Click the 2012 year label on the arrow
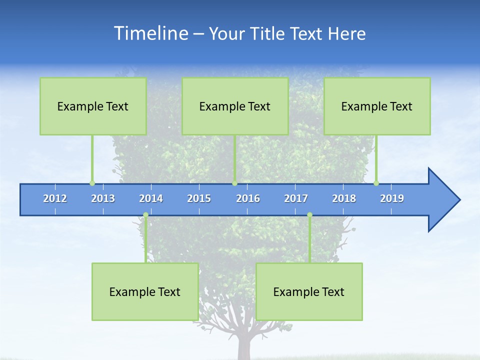tap(55, 198)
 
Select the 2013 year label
tap(103, 198)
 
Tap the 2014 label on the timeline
tap(151, 198)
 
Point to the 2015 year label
tap(199, 198)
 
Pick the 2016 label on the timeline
tap(248, 198)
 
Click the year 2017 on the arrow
tap(296, 198)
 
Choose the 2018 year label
tap(344, 198)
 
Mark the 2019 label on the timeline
tap(392, 198)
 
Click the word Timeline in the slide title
tap(150, 33)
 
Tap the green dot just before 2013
tap(92, 183)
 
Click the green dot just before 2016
tap(234, 183)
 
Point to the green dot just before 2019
tap(376, 183)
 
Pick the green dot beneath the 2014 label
tap(145, 215)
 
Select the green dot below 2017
tap(309, 215)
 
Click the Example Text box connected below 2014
tap(145, 292)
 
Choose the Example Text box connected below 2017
tap(309, 292)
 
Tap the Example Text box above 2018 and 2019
tap(377, 106)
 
